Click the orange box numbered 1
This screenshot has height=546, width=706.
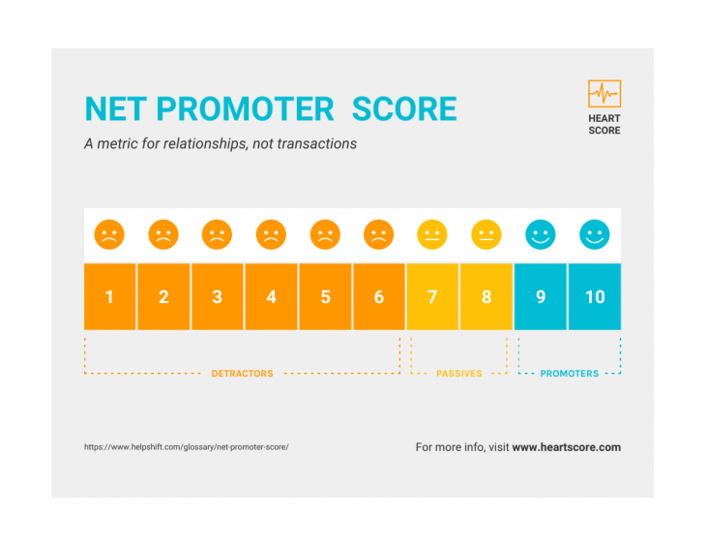pos(109,296)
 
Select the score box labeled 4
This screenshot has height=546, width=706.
pos(272,296)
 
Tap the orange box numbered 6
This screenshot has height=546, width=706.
pos(379,296)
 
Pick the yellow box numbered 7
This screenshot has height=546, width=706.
pos(432,296)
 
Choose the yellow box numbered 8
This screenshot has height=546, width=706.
pos(486,296)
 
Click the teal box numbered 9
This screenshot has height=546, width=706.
pos(541,296)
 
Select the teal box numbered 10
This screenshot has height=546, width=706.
pos(595,296)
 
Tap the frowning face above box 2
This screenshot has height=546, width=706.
pos(163,234)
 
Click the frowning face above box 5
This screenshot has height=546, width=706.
pos(325,234)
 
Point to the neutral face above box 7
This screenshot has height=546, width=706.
pos(432,234)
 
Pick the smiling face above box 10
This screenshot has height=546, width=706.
pos(595,234)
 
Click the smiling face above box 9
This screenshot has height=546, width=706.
pos(541,234)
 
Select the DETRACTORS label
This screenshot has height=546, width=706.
pos(242,374)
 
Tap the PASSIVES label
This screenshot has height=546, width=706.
pos(458,374)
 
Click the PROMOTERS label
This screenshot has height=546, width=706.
pos(569,374)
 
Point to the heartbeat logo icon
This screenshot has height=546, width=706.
pos(604,94)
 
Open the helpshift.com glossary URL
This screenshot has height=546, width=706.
pos(187,447)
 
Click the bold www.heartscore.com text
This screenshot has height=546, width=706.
pos(567,447)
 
